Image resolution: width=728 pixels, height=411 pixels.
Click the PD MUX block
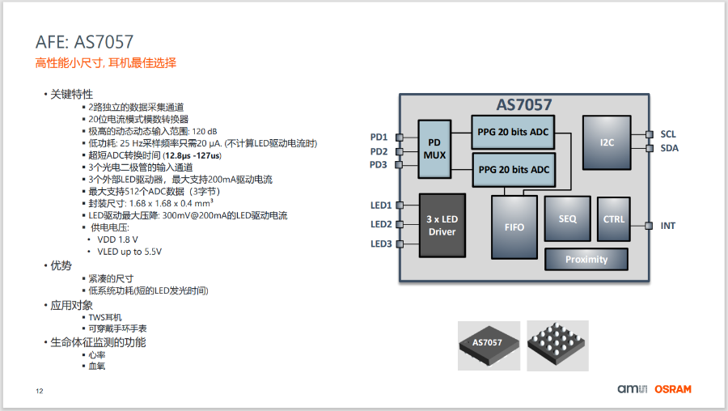[434, 149]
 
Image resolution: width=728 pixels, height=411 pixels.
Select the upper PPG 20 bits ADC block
[514, 132]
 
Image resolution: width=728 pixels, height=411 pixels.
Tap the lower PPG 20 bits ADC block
[514, 170]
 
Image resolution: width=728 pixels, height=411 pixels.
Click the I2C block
[607, 142]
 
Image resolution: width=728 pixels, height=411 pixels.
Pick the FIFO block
[514, 227]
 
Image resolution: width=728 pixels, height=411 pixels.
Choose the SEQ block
[567, 218]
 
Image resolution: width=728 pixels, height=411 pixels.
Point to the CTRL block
[615, 218]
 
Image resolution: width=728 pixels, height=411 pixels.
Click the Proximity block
[586, 260]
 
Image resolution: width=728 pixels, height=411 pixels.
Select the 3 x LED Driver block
[442, 225]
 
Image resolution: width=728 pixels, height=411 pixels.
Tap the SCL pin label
[669, 134]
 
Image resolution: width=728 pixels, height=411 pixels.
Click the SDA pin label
[670, 148]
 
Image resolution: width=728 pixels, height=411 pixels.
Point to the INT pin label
[668, 226]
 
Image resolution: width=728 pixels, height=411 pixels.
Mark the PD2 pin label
[379, 151]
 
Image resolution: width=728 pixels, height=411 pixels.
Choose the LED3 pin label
[381, 244]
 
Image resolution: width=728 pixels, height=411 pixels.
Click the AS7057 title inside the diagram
[524, 105]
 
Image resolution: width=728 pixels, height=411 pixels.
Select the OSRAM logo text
[673, 389]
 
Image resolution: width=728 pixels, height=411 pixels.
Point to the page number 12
[39, 392]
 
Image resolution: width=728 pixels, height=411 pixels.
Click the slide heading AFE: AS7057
[84, 42]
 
